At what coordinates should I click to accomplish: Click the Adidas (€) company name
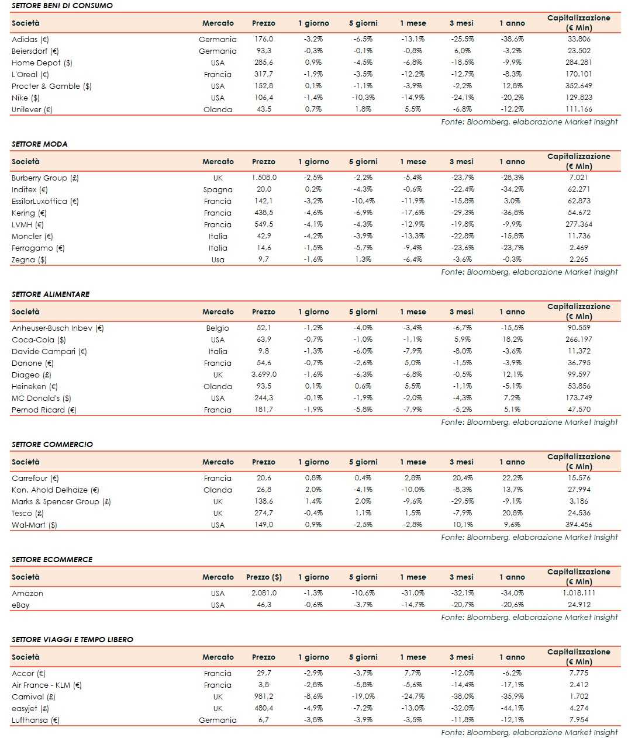point(30,40)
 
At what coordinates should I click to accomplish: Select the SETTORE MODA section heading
point(39,144)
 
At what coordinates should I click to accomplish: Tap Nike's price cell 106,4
point(264,98)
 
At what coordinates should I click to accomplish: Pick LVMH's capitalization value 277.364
point(579,224)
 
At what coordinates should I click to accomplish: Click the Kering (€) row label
point(29,213)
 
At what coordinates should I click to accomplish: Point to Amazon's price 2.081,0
point(264,593)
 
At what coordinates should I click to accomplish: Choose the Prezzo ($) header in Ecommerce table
point(264,577)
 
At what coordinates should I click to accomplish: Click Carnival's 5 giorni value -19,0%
point(363,697)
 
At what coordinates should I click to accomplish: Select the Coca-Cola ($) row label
point(39,340)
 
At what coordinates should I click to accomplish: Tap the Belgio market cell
point(218,328)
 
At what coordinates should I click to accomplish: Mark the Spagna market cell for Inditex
point(218,190)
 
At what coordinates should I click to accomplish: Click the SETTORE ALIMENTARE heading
point(50,294)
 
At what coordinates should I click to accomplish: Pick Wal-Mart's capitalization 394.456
point(579,525)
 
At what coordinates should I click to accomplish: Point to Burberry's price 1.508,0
point(264,178)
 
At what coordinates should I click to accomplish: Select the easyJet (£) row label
point(30,709)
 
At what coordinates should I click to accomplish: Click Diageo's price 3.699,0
point(264,375)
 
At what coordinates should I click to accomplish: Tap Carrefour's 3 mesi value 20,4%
point(463,478)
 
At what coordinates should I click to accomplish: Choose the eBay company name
point(20,605)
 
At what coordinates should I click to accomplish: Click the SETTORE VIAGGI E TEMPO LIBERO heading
point(72,639)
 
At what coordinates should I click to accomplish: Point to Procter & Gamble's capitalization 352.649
point(579,86)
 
